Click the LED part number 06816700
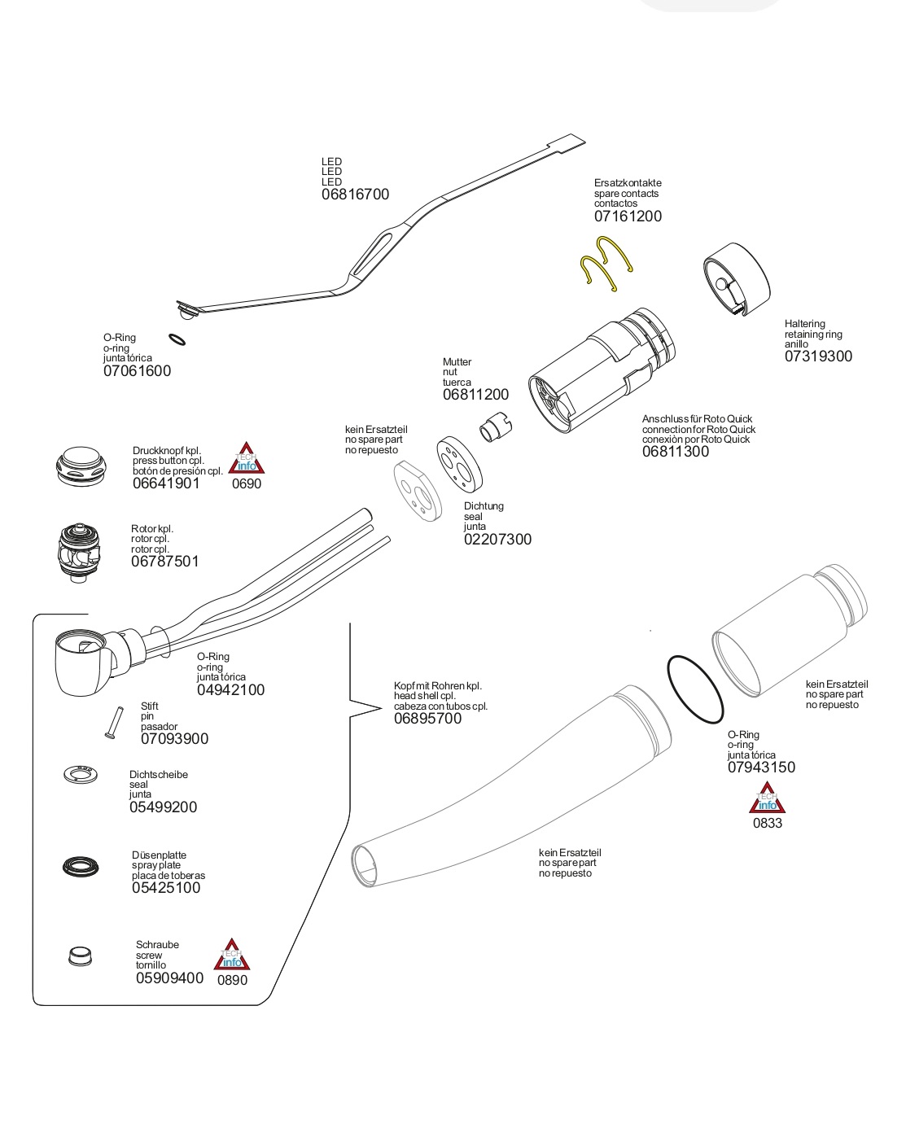pyautogui.click(x=355, y=195)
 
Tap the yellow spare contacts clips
pyautogui.click(x=606, y=262)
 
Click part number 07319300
pyautogui.click(x=818, y=356)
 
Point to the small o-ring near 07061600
pyautogui.click(x=176, y=339)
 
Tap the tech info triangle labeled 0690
pyautogui.click(x=246, y=460)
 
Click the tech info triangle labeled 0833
pyautogui.click(x=767, y=799)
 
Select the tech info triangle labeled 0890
pyautogui.click(x=232, y=956)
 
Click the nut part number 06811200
pyautogui.click(x=475, y=395)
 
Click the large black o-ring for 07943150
pyautogui.click(x=695, y=689)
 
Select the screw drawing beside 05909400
pyautogui.click(x=80, y=956)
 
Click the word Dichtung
pyautogui.click(x=484, y=506)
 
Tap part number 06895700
pyautogui.click(x=427, y=719)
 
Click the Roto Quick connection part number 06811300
pyautogui.click(x=675, y=452)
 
